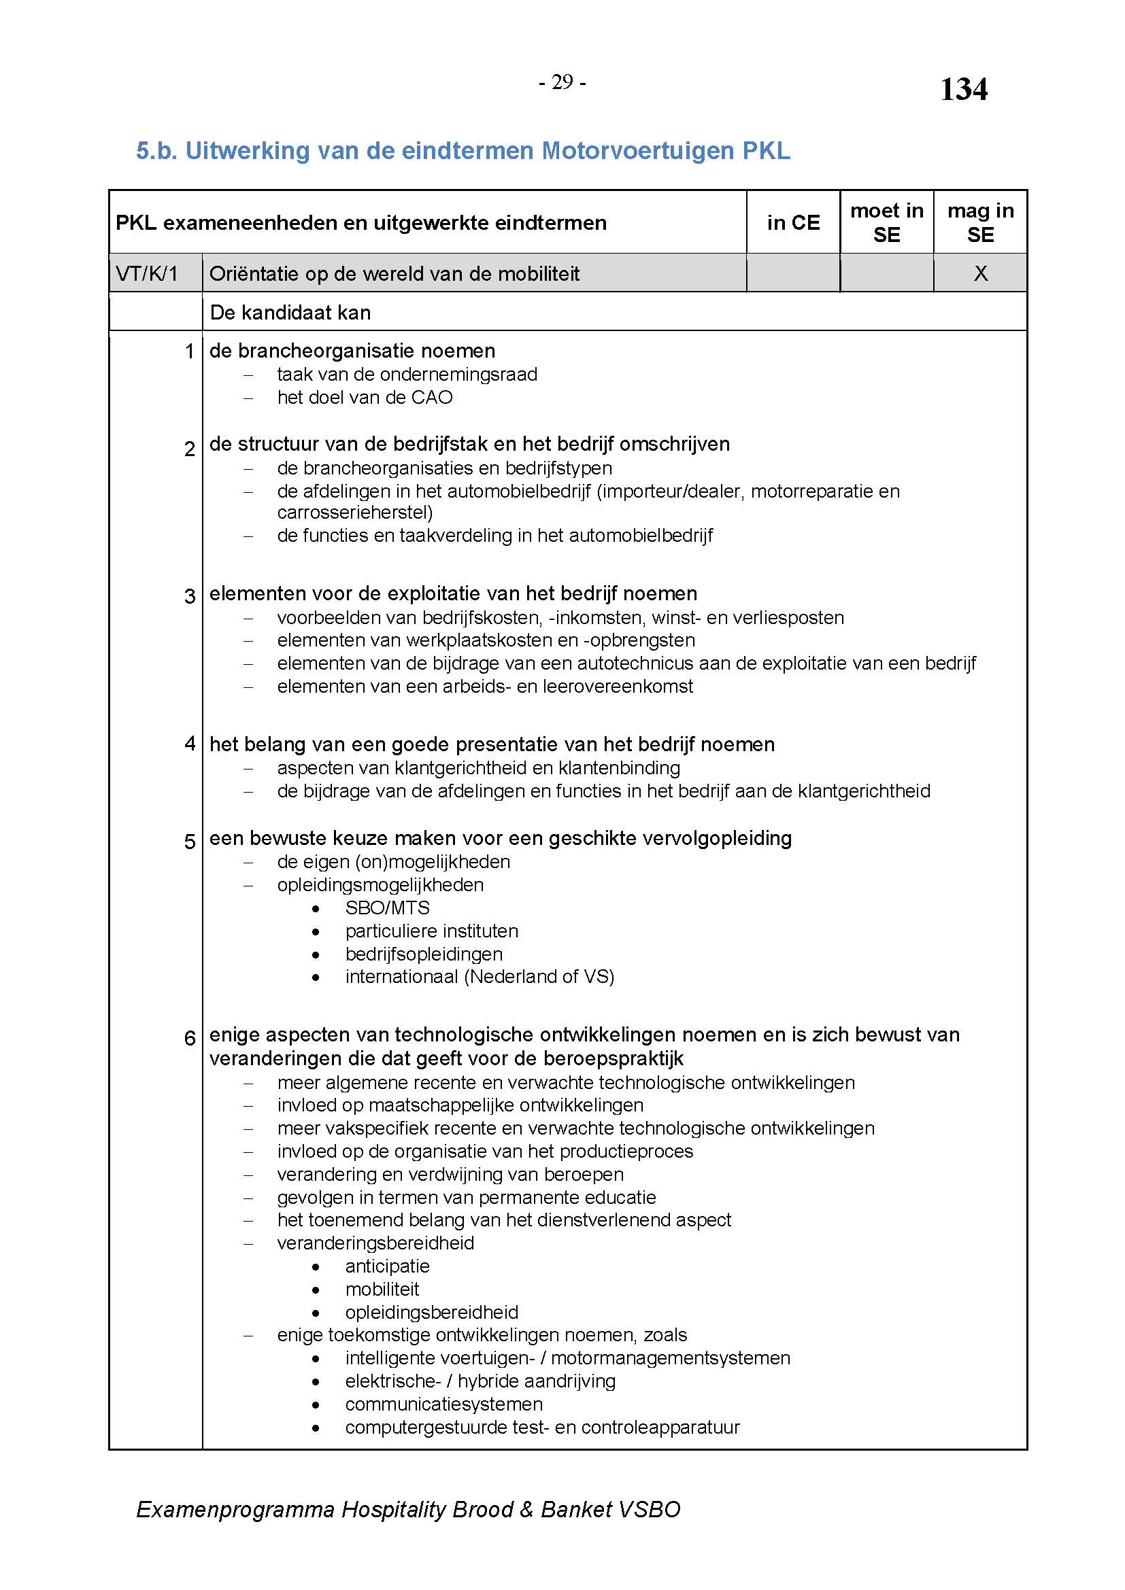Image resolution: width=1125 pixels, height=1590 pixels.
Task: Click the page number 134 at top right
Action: pos(963,89)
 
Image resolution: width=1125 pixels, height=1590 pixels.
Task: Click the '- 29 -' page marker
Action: pos(562,83)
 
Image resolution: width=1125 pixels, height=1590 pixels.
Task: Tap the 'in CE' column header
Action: pos(793,222)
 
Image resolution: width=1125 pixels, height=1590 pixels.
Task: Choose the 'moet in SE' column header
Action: pos(887,222)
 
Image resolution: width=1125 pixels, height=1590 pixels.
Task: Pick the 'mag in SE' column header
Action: pos(980,222)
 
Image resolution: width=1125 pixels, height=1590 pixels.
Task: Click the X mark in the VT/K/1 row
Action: pos(980,273)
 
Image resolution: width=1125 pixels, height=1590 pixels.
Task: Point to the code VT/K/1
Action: pos(147,273)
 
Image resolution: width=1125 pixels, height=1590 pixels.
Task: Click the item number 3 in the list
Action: pos(190,595)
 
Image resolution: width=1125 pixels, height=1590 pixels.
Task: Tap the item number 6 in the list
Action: pos(190,1037)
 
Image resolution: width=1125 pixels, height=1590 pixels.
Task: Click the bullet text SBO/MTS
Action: pos(387,908)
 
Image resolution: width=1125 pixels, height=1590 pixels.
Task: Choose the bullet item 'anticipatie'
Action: pos(387,1266)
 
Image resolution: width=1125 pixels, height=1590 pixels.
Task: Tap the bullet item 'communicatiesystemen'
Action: pos(443,1404)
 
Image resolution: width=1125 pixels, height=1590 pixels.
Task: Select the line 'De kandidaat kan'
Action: pos(290,312)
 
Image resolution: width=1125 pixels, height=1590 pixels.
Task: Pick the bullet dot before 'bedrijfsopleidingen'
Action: pos(316,955)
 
